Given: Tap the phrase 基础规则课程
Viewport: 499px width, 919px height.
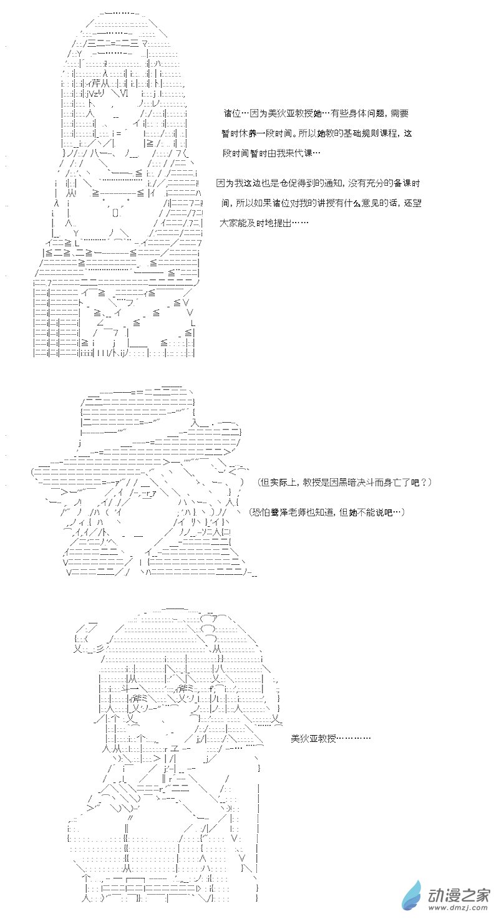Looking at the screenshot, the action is tap(370, 133).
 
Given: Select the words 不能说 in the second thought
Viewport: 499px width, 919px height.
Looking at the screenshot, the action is tap(371, 512).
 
